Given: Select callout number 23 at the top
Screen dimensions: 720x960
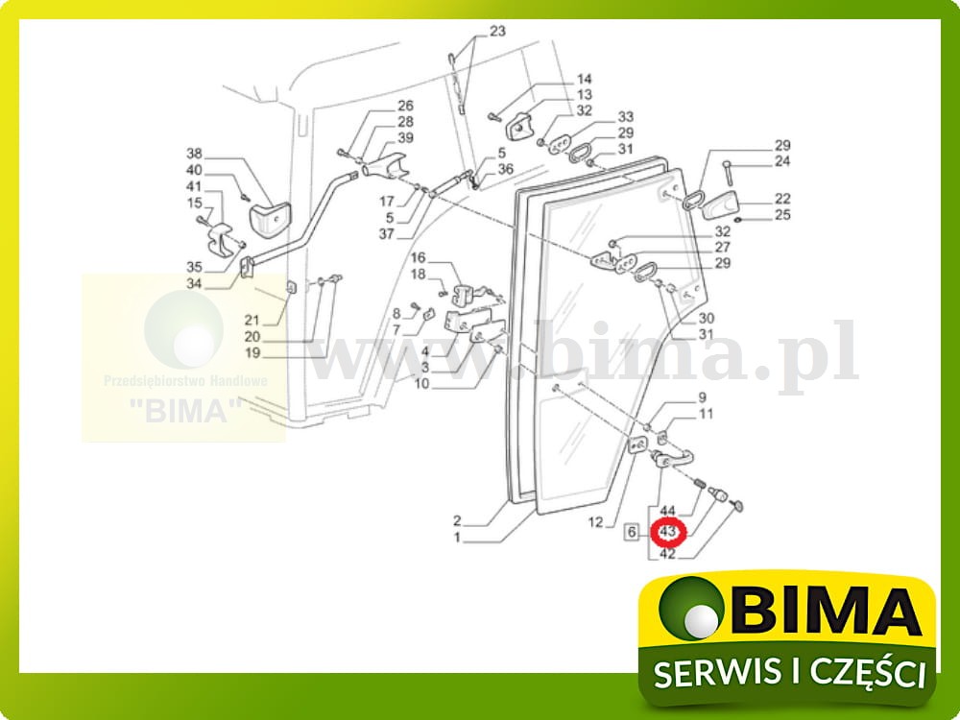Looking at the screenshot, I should tap(496, 31).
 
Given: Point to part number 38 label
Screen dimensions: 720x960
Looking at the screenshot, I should tap(195, 154).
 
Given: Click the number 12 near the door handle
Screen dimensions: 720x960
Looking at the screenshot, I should tap(595, 522).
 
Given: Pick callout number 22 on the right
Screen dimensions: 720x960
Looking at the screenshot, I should tap(782, 199).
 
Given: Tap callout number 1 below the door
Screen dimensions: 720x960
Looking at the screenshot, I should tap(457, 538).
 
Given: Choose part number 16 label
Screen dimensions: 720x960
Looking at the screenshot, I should tap(419, 257).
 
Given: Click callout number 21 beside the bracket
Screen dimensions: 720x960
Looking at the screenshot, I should tap(252, 320).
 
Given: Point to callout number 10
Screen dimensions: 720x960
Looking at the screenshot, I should tap(421, 384).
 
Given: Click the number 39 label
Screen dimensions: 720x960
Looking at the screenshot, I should tap(405, 138).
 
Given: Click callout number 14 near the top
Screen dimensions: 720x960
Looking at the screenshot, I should tap(585, 79).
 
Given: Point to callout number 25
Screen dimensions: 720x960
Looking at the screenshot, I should tap(782, 215).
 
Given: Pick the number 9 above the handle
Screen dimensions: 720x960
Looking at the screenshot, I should tap(702, 397).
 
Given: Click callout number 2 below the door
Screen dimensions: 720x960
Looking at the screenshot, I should tap(457, 521).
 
